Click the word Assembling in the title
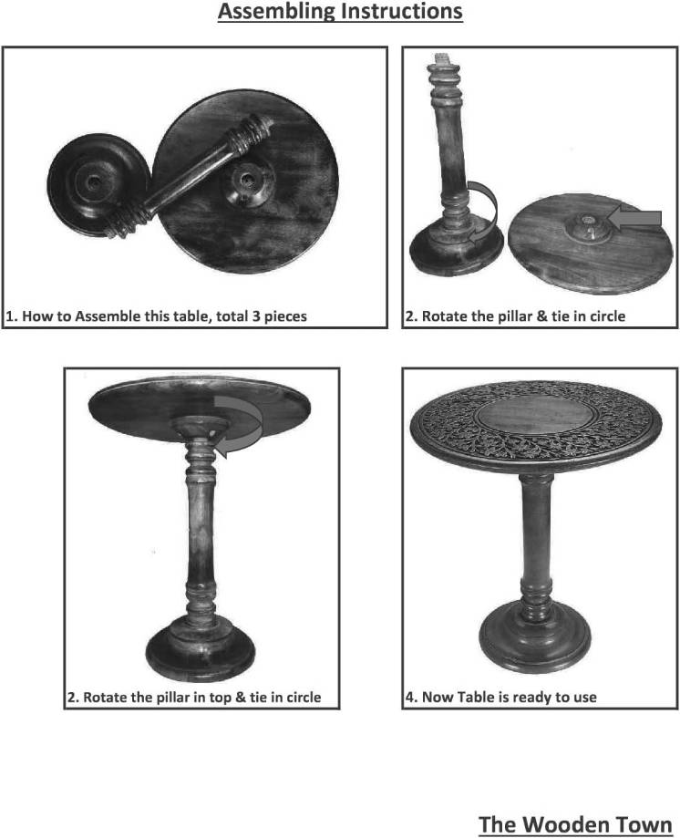coord(277,11)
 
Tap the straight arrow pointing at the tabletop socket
coord(635,219)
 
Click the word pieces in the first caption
coord(285,317)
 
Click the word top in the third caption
coord(220,698)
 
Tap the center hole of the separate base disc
coord(95,182)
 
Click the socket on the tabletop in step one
coord(246,183)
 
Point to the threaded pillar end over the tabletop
coord(252,136)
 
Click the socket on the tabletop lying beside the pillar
coord(588,224)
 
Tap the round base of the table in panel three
coord(201,648)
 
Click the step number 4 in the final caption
coord(409,698)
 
